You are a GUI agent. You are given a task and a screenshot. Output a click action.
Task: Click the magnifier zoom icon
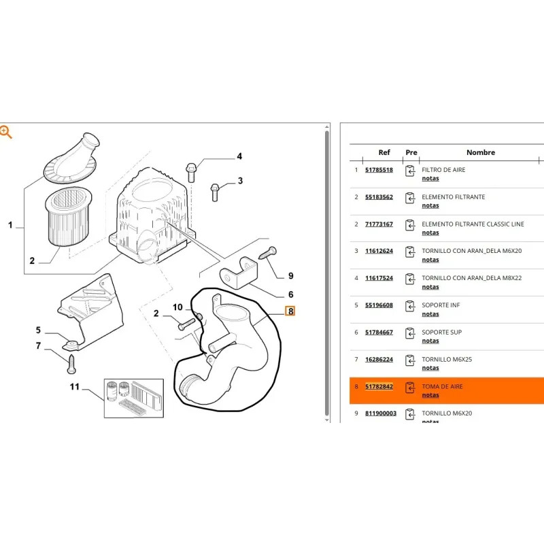(6, 132)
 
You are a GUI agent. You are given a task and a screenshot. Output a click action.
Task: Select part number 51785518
(379, 169)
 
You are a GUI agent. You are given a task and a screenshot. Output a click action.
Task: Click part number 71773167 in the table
(379, 224)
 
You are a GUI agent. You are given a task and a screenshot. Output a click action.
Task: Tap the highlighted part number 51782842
(379, 386)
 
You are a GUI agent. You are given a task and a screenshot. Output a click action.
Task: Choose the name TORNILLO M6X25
(447, 360)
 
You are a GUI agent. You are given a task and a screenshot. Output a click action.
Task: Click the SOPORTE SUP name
(441, 333)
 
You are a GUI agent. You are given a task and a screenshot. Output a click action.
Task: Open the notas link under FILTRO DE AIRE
(430, 178)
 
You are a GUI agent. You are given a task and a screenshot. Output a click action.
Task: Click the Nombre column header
(481, 152)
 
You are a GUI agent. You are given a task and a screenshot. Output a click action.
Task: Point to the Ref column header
(384, 152)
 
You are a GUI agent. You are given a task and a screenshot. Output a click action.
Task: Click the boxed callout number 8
(290, 311)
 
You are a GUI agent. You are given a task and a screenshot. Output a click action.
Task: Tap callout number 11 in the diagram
(75, 386)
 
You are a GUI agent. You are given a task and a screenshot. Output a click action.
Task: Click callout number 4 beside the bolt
(239, 156)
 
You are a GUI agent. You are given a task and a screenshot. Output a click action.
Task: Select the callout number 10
(177, 307)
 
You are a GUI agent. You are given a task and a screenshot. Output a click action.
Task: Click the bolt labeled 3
(215, 192)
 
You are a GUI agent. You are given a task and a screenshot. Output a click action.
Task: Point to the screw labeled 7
(71, 364)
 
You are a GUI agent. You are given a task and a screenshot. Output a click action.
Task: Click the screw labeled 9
(268, 252)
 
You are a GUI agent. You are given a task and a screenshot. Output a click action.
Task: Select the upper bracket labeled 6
(239, 273)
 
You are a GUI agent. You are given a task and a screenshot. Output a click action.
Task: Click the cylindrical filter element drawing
(69, 216)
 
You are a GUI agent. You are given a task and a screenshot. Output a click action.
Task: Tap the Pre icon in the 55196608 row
(410, 306)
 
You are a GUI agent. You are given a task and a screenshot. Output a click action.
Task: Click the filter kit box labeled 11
(134, 398)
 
